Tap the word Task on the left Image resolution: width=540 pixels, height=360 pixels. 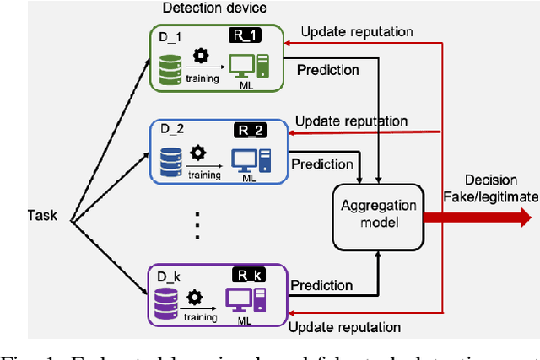(x=41, y=215)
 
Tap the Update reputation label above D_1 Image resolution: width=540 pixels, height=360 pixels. (x=357, y=32)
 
